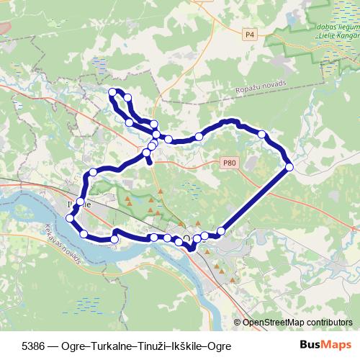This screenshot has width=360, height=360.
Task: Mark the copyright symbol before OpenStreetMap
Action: tap(238, 323)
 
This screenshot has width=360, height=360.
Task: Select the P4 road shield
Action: tap(250, 33)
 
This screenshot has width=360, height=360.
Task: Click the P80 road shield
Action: tap(229, 163)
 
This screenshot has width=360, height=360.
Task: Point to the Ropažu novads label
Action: tap(260, 84)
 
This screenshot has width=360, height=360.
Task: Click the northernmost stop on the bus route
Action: tap(112, 91)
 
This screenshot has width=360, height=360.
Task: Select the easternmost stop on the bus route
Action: tap(289, 167)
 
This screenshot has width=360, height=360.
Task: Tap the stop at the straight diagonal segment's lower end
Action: tap(221, 230)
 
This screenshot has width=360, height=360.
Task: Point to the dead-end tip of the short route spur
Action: tap(150, 163)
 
